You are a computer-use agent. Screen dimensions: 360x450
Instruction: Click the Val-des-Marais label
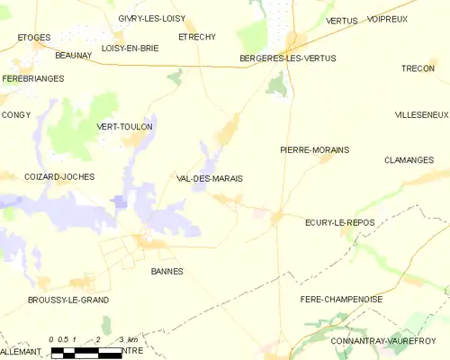[210, 178]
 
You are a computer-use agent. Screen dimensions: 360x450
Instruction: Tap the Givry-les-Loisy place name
[151, 18]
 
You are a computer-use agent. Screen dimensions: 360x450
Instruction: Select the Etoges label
[34, 37]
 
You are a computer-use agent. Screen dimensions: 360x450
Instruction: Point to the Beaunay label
[73, 55]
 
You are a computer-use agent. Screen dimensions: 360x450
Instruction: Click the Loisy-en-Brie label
[130, 48]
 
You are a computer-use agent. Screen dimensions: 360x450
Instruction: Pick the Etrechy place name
[197, 37]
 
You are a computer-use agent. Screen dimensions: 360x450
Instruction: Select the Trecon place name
[418, 68]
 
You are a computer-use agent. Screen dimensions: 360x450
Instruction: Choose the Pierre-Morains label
[314, 149]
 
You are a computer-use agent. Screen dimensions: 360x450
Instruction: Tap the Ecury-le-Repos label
[339, 221]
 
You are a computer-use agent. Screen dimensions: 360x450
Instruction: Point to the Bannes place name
[166, 271]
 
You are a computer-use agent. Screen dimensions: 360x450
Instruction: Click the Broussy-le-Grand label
[68, 300]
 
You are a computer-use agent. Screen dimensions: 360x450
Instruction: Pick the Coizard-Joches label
[59, 176]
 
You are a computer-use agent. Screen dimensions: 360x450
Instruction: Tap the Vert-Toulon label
[124, 127]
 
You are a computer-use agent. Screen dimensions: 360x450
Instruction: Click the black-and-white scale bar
[85, 354]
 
